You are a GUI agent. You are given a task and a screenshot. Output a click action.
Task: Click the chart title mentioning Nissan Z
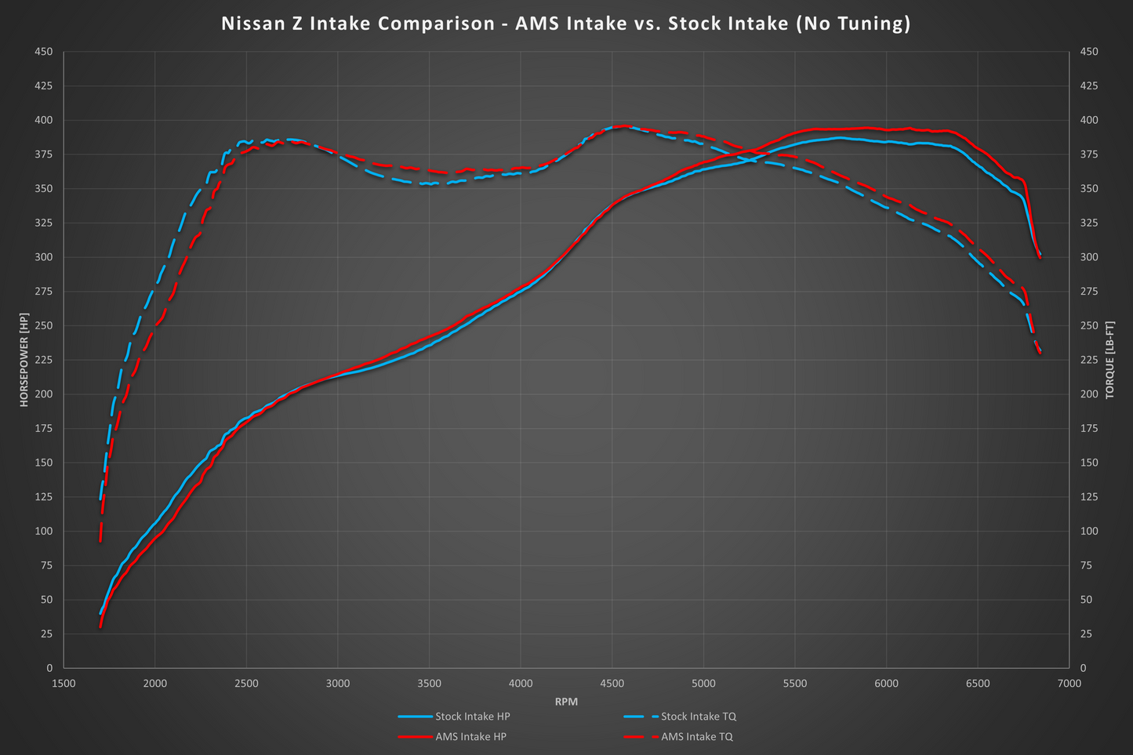coord(565,24)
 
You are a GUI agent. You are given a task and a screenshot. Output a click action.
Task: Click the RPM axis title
coord(566,702)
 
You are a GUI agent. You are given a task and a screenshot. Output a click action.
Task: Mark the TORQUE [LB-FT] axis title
coord(1109,360)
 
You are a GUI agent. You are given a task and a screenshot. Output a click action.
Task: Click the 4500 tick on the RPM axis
coord(612,684)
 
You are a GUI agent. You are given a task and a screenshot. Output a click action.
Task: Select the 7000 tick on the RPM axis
coord(1069,684)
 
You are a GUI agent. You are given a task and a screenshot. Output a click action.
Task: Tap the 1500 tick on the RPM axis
coord(64,684)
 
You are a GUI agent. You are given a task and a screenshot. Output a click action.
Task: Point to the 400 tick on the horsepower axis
coord(44,120)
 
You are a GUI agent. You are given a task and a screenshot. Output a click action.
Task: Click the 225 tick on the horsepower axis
coord(44,360)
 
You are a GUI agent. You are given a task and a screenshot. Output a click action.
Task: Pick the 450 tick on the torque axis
coord(1089,52)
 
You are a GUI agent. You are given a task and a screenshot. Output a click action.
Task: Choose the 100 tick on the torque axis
coord(1089,531)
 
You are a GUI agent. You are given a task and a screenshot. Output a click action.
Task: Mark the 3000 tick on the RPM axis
coord(338,684)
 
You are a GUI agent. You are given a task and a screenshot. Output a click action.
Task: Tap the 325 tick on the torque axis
coord(1089,223)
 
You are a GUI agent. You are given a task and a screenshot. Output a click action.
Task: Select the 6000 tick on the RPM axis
coord(886,684)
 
